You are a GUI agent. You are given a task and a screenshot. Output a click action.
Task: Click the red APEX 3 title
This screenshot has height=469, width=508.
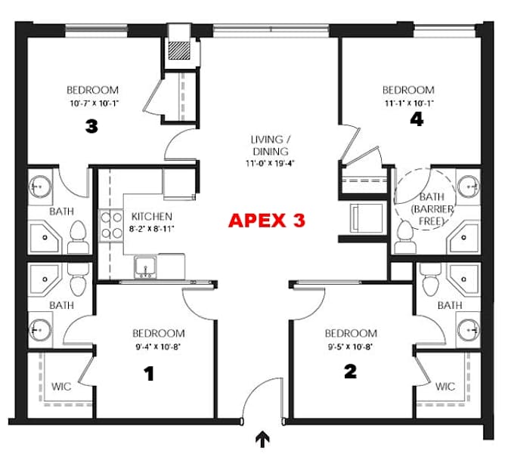tap(267, 221)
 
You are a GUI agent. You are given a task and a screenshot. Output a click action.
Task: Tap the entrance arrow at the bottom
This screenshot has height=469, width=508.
tap(263, 440)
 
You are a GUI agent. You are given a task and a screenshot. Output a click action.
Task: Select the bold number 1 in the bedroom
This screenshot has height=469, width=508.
tap(149, 374)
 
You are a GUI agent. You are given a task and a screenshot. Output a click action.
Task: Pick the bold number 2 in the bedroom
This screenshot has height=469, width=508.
tap(350, 372)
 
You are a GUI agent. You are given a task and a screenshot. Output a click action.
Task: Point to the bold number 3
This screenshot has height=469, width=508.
tap(91, 126)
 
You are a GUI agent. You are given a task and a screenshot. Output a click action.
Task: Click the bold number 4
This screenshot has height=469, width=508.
tap(417, 119)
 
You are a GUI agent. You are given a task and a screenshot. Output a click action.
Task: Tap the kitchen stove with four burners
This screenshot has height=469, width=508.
tap(111, 226)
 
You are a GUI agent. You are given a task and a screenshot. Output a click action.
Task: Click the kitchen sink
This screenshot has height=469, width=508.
tap(145, 267)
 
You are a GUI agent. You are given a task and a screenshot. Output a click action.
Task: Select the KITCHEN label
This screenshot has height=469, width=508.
tap(152, 217)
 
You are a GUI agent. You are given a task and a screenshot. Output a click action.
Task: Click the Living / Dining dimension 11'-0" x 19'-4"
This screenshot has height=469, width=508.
tap(270, 163)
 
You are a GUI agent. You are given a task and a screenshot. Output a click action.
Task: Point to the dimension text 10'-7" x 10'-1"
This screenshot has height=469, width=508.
tap(94, 104)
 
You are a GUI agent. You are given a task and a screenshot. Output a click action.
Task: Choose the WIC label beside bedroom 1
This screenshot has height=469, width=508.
tap(61, 387)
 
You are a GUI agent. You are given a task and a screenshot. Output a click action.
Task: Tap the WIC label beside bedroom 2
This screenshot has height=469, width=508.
tap(445, 387)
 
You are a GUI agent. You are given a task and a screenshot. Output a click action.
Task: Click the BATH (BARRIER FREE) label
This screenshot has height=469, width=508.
tap(432, 208)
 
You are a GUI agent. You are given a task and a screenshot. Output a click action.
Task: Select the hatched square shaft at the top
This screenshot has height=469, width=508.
tap(179, 50)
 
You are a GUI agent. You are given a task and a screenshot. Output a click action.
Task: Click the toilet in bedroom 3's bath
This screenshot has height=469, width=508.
tap(78, 237)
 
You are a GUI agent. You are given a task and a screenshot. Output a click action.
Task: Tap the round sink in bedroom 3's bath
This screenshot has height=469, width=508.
tap(40, 187)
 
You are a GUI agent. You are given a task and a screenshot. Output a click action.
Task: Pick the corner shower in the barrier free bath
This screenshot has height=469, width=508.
tap(464, 238)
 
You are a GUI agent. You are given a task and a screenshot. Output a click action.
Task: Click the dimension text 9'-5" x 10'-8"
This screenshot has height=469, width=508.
tap(351, 347)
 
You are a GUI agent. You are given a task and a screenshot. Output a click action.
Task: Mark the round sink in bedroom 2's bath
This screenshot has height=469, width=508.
tap(468, 330)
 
